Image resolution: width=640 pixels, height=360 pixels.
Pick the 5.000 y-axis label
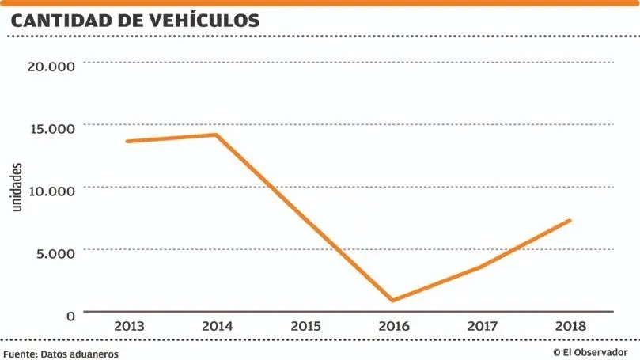click(55, 252)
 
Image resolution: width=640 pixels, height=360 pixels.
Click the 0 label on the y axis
click(70, 315)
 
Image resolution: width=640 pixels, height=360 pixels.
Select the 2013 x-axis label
click(128, 326)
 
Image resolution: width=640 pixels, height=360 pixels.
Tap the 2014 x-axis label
click(216, 326)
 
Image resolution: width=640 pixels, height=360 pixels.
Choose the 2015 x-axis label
click(305, 326)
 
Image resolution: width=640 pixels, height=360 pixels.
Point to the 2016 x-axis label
click(393, 326)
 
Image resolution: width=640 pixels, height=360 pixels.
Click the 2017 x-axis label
click(481, 326)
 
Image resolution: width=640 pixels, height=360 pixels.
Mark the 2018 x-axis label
click(570, 326)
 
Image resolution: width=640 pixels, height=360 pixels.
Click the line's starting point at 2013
click(127, 142)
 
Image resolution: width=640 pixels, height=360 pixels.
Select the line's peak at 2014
click(215, 135)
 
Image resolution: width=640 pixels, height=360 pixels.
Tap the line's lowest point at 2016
click(393, 301)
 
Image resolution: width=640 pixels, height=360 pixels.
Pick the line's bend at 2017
click(481, 267)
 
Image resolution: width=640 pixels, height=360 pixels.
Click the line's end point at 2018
click(570, 221)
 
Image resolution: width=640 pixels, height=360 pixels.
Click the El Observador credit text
click(590, 352)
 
